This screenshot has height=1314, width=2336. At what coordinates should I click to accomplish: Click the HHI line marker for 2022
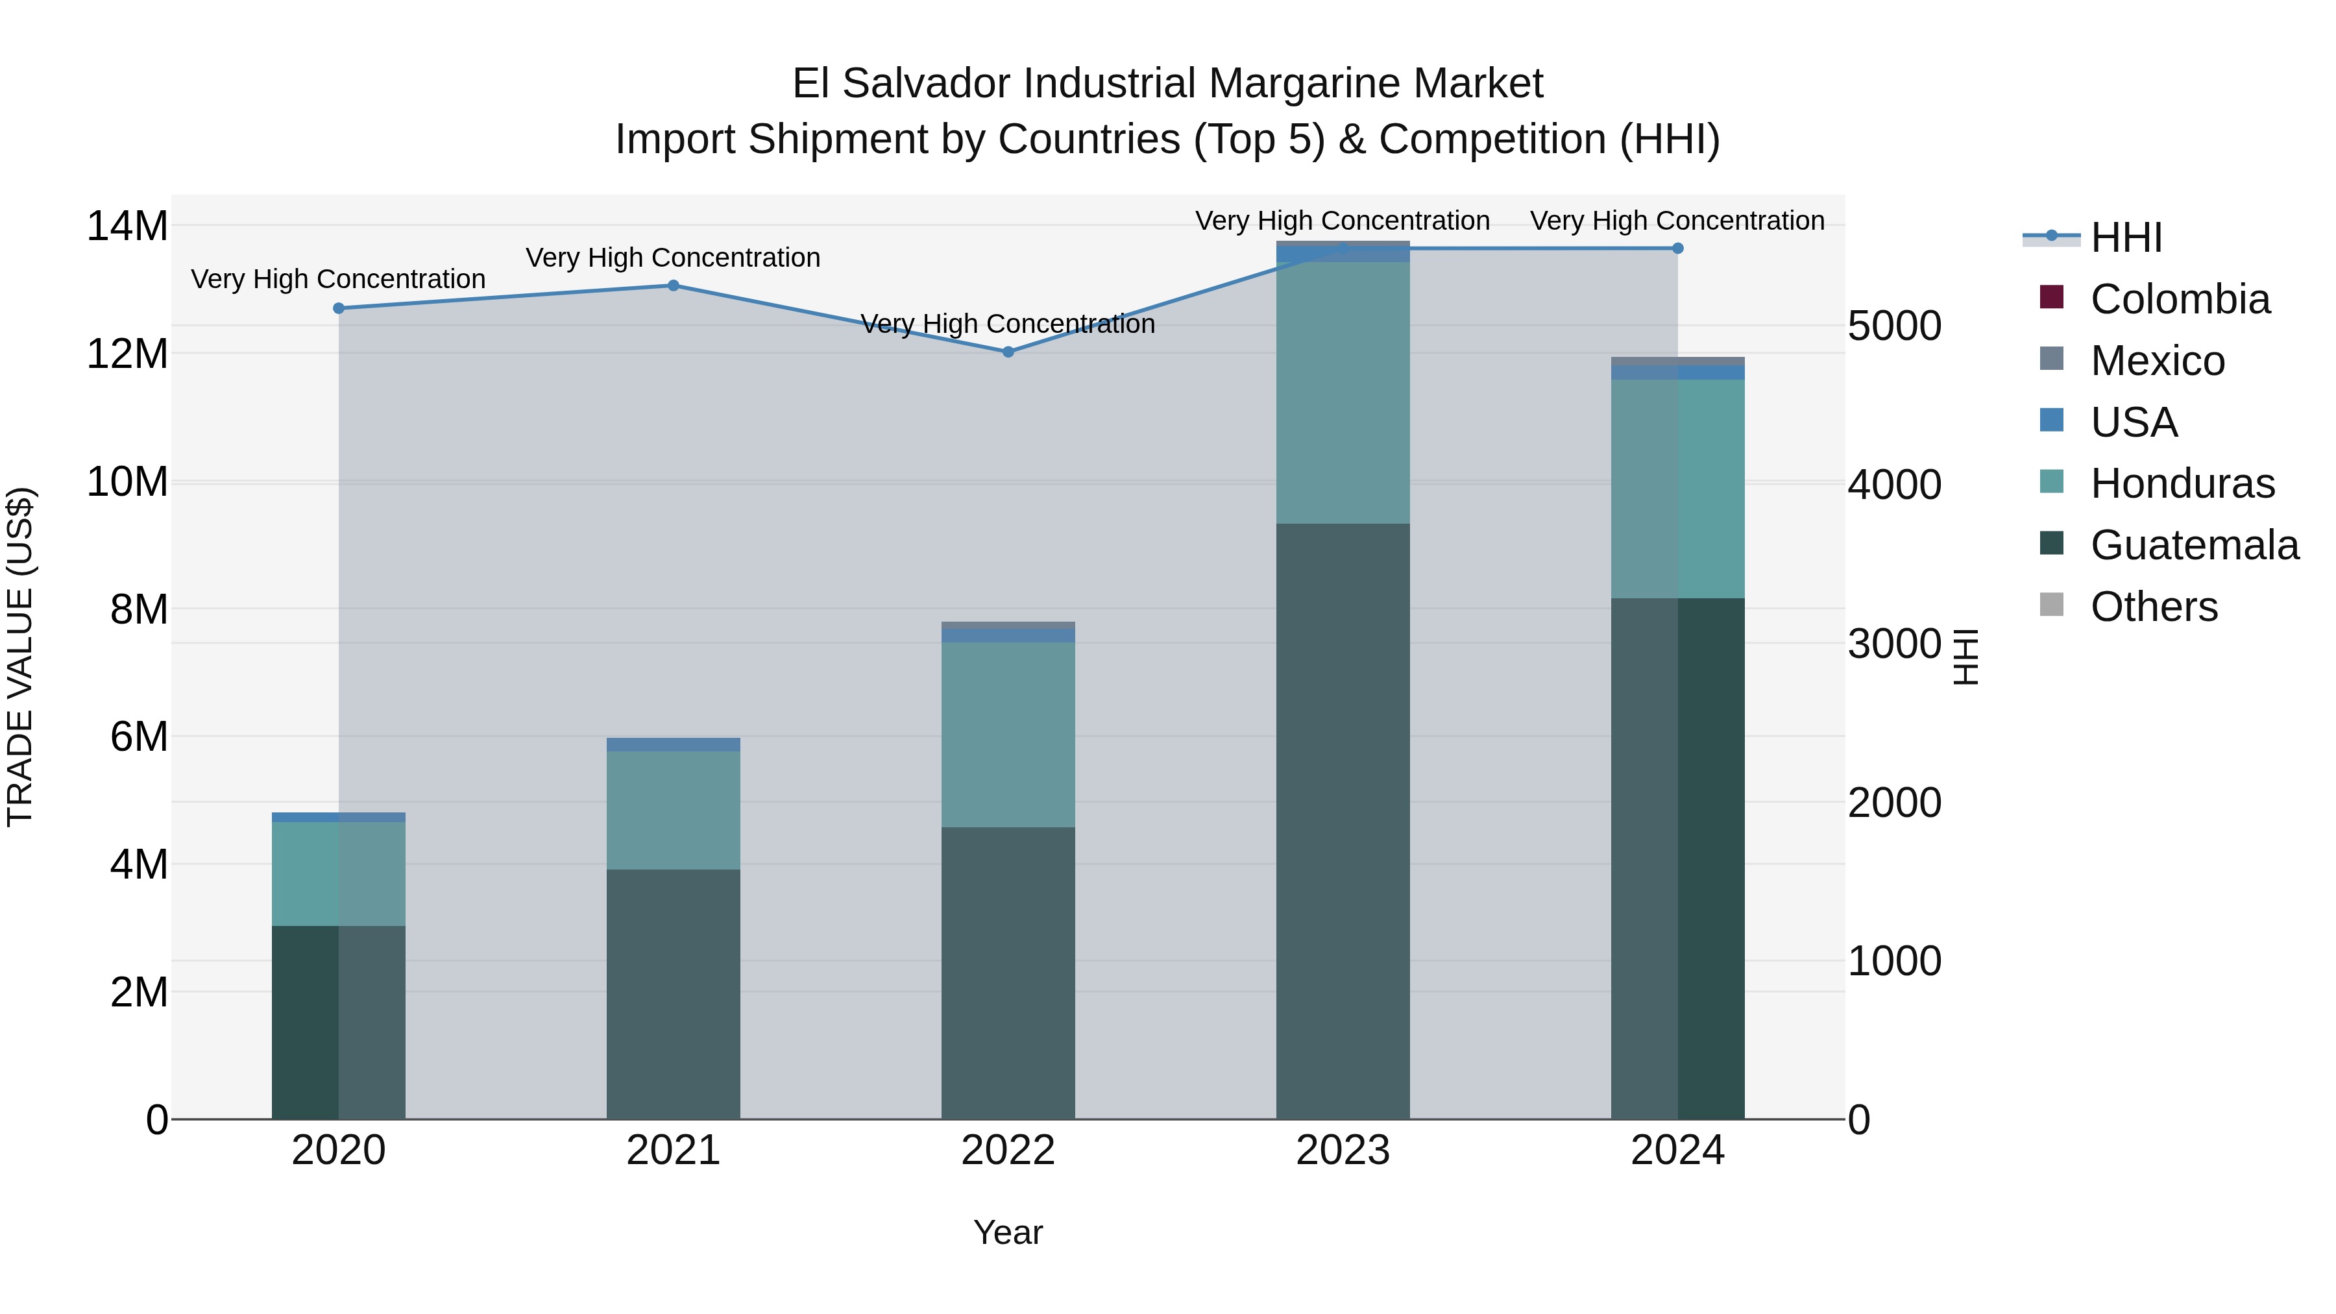coord(1008,352)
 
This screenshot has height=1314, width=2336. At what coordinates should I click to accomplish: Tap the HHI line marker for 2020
coord(338,308)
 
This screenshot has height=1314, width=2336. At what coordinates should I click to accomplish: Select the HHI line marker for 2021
coord(673,286)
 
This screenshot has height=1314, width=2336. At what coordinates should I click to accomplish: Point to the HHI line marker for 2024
coord(1677,249)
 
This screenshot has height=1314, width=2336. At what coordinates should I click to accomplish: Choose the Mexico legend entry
coord(2158,361)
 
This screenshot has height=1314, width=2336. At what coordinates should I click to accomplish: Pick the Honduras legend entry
coord(2182,483)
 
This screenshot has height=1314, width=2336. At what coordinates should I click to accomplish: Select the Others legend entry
coord(2154,607)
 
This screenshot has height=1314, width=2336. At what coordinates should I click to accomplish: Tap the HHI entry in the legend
coord(2126,237)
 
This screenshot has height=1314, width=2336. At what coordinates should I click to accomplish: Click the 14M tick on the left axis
coord(127,226)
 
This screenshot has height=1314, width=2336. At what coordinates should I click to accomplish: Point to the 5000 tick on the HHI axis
coord(1894,326)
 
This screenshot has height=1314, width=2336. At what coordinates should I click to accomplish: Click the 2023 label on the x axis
coord(1342,1150)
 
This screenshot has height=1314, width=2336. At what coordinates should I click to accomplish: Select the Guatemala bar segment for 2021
coord(673,994)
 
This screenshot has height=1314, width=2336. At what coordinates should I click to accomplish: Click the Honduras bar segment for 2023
coord(1342,393)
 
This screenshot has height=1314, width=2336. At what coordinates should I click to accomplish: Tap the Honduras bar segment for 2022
coord(1008,735)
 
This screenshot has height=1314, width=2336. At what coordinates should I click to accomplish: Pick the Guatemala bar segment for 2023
coord(1342,821)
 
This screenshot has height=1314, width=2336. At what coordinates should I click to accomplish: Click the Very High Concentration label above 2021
coord(673,258)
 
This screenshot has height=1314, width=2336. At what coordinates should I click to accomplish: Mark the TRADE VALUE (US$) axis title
coord(21,657)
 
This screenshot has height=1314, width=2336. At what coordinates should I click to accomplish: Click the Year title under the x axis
coord(1008,1232)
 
